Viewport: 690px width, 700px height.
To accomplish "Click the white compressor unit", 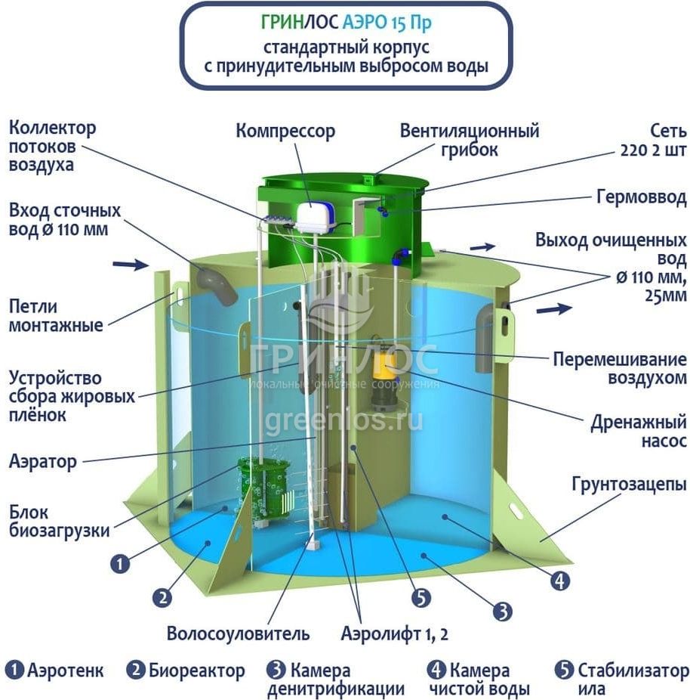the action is (314, 218).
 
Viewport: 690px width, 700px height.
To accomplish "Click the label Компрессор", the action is (285, 132).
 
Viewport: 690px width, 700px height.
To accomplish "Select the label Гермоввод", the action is (642, 197).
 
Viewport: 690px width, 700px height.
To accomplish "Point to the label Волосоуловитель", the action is (238, 633).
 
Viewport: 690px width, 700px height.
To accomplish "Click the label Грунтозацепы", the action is (629, 484).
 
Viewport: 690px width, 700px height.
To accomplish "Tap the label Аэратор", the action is (43, 462).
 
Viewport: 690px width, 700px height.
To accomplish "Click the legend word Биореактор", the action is (196, 671).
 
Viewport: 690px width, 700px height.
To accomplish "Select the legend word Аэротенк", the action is (66, 671).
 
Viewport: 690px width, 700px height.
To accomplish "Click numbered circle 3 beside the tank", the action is (503, 611).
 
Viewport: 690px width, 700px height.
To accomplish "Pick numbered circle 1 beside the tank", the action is (120, 563).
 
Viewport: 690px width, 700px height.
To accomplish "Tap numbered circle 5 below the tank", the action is (420, 598).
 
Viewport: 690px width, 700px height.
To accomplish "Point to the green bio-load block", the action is (263, 489).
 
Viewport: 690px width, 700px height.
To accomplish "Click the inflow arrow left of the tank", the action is (131, 265).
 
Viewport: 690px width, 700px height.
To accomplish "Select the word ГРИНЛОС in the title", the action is (300, 23).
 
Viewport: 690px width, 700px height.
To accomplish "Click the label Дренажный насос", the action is (639, 431).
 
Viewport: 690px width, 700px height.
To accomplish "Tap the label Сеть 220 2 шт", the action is (654, 140).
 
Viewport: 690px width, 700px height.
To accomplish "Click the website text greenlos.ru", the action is (344, 420).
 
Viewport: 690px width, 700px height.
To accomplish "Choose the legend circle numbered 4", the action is (436, 670).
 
